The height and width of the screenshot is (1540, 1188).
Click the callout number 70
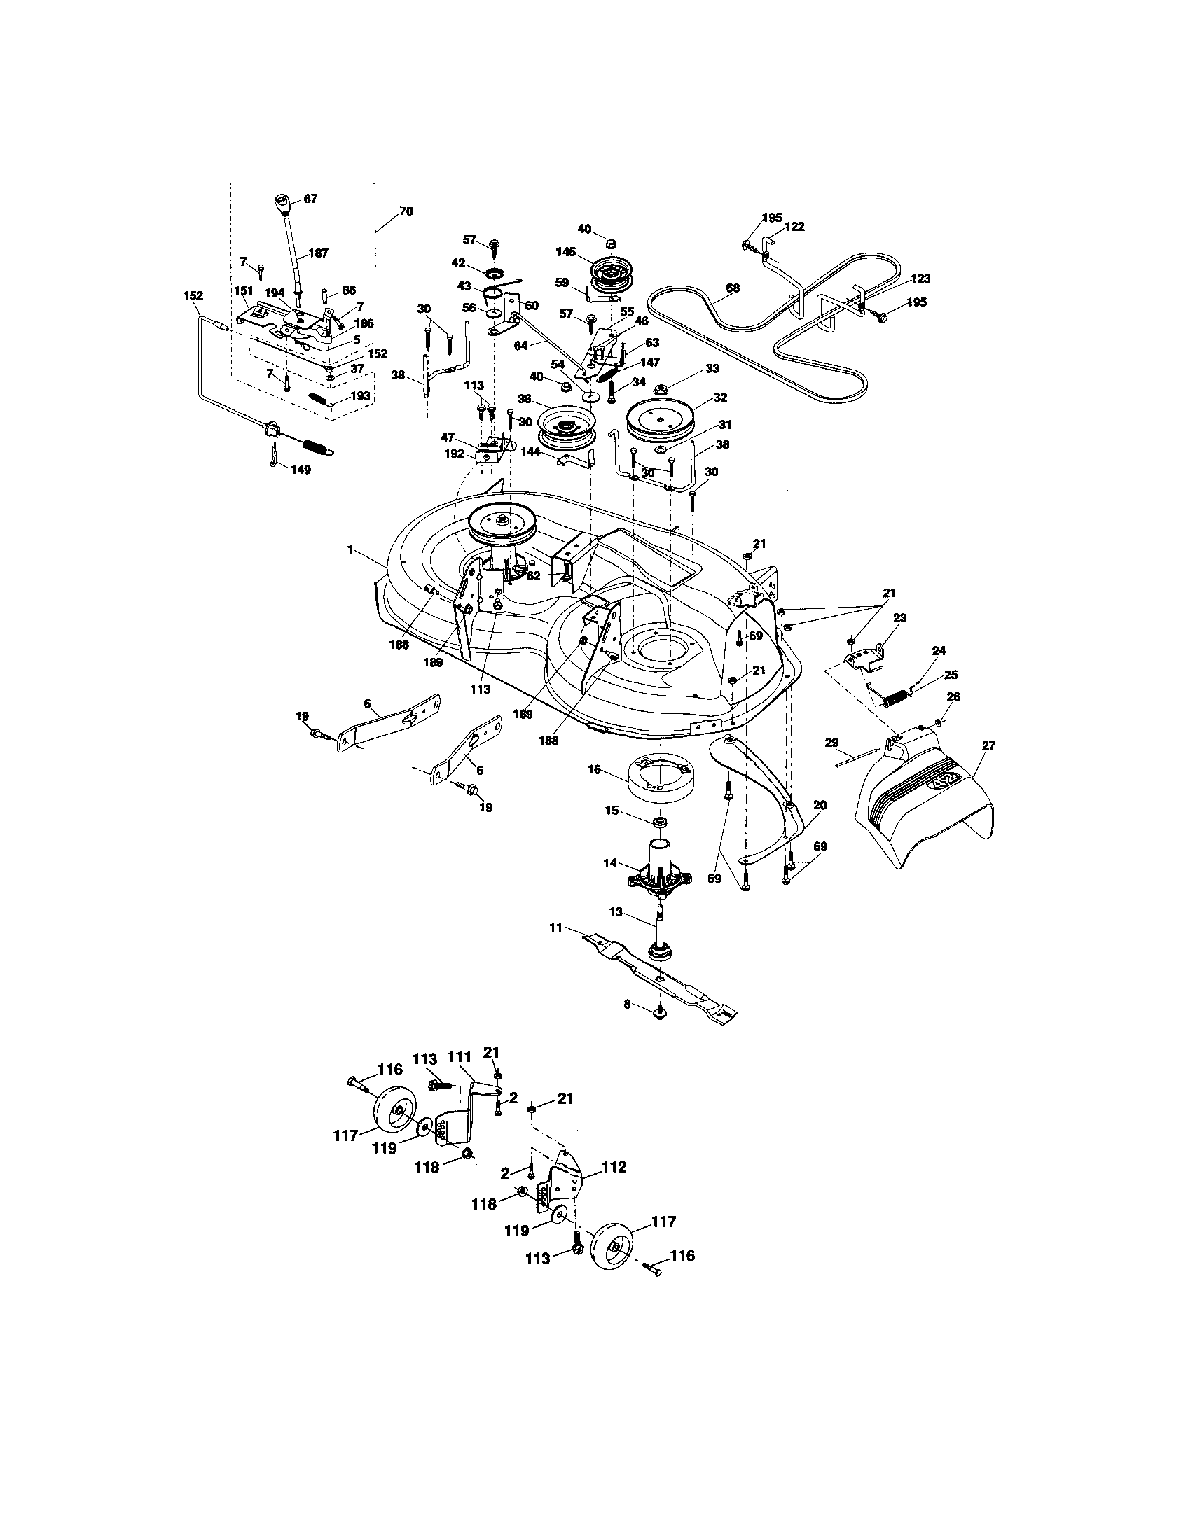pyautogui.click(x=406, y=211)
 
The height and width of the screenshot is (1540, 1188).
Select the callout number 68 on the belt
pyautogui.click(x=733, y=288)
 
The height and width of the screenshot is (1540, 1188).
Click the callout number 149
pyautogui.click(x=300, y=470)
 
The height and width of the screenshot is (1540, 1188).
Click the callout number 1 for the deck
pyautogui.click(x=350, y=549)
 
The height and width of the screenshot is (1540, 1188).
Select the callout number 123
pyautogui.click(x=920, y=279)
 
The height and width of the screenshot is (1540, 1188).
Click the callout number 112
pyautogui.click(x=614, y=1167)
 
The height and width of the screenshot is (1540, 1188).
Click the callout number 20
pyautogui.click(x=820, y=805)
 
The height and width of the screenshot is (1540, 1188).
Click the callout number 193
pyautogui.click(x=360, y=396)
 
